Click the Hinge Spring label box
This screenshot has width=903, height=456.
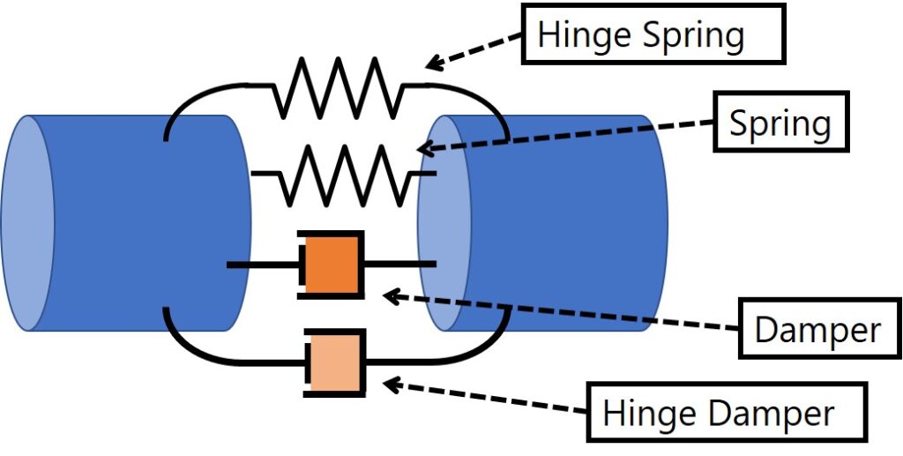pos(653,36)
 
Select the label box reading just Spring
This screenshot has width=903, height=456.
pos(780,123)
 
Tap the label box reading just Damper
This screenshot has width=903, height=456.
pos(817,330)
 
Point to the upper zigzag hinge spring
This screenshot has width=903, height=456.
pos(340,88)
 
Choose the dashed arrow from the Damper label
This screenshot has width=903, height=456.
pos(564,312)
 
